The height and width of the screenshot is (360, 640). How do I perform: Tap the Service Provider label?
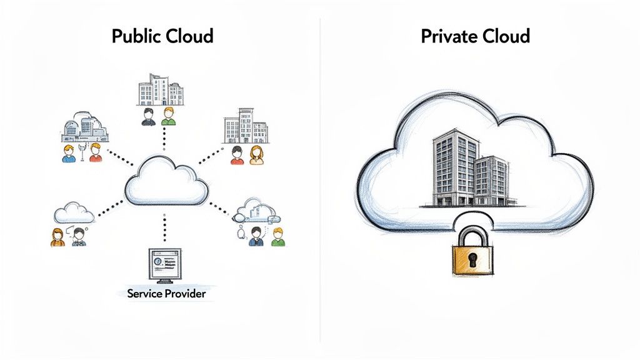click(166, 292)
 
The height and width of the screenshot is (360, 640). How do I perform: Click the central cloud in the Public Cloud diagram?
click(166, 181)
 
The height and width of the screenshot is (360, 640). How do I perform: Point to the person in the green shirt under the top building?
click(167, 116)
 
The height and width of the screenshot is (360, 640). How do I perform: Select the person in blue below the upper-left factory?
click(69, 153)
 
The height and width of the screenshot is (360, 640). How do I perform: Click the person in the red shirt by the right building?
click(237, 155)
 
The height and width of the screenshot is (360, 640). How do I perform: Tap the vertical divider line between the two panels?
click(320, 187)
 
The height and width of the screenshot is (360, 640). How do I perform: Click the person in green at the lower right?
click(277, 236)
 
